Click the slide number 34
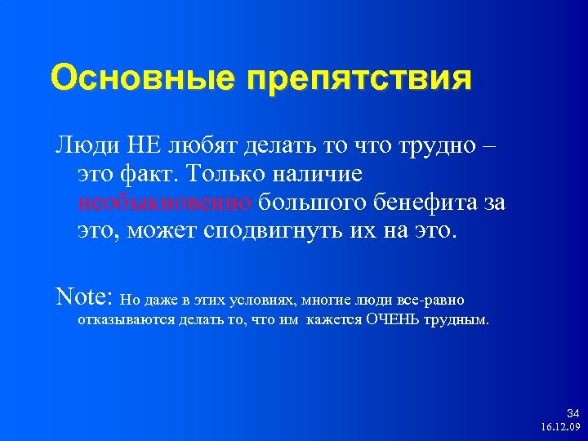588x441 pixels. point(572,414)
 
